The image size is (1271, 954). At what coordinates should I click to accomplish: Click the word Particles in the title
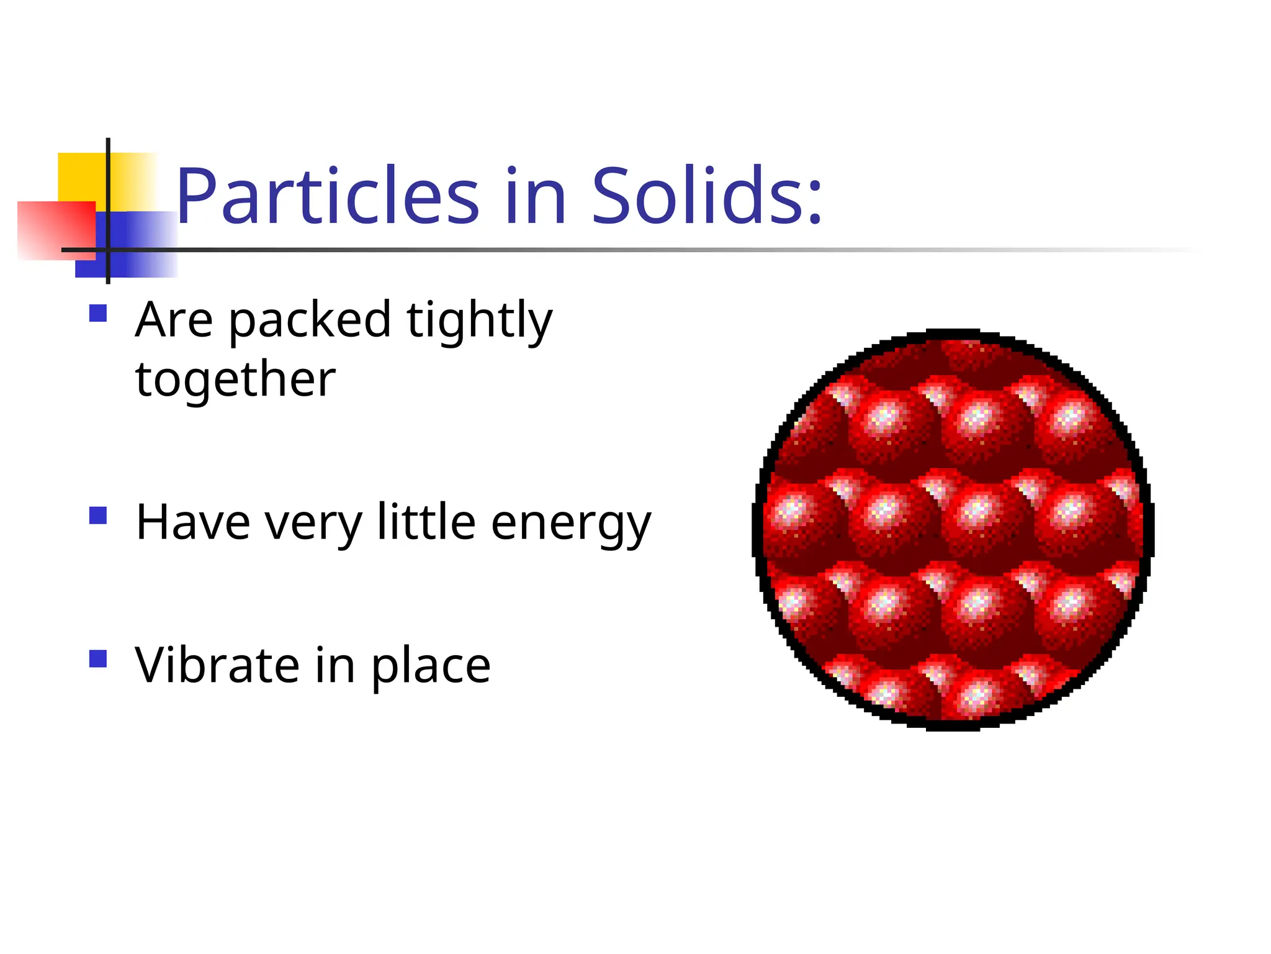tap(328, 198)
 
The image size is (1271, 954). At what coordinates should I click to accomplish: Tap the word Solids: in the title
tap(706, 198)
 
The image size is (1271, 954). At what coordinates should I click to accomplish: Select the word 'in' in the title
tap(535, 198)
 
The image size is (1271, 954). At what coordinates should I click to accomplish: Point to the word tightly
tap(478, 322)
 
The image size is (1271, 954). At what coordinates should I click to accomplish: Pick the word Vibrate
tap(218, 665)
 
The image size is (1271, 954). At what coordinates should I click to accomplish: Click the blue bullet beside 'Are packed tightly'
tap(98, 313)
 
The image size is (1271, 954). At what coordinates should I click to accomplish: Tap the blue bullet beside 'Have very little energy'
tap(98, 516)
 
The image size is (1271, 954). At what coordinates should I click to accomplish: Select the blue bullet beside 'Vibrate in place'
tap(98, 658)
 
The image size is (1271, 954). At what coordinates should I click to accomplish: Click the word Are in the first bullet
tap(174, 320)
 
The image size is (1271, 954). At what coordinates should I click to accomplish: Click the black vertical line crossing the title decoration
tap(108, 186)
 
